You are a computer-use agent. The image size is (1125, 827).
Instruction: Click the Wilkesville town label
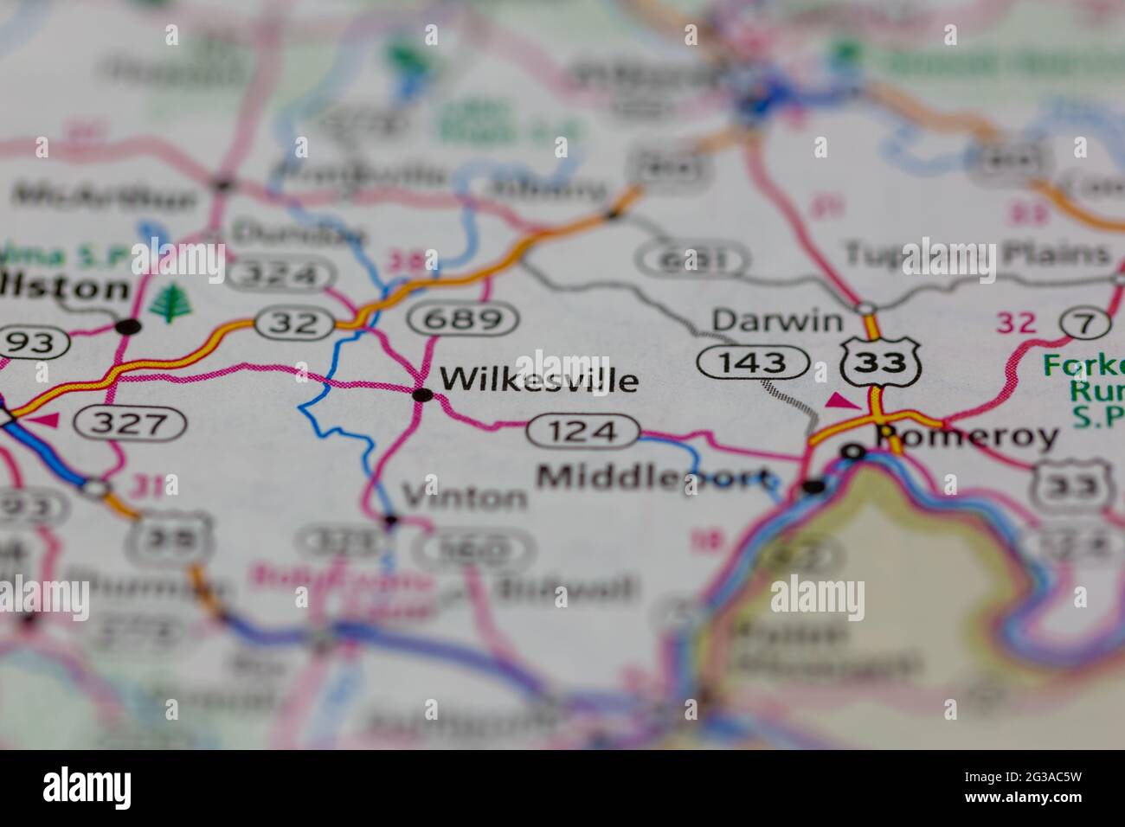pos(538,380)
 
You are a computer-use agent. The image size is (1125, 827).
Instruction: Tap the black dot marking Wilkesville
pos(423,395)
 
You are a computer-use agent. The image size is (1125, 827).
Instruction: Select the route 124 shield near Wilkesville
pos(584,430)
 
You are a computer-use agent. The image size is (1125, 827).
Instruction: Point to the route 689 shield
pos(465,320)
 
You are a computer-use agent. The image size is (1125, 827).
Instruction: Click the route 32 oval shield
pos(293,324)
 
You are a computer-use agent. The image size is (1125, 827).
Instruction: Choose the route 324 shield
pos(279,275)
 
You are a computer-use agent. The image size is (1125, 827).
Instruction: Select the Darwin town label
pos(777,321)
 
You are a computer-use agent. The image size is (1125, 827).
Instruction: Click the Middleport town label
pos(653,477)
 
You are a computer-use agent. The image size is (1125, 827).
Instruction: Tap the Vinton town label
pos(465,497)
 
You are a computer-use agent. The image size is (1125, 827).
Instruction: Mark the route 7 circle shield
pos(1087,324)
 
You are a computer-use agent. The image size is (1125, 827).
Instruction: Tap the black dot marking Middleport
pos(813,487)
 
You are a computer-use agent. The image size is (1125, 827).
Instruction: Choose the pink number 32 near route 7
pos(1015,323)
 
